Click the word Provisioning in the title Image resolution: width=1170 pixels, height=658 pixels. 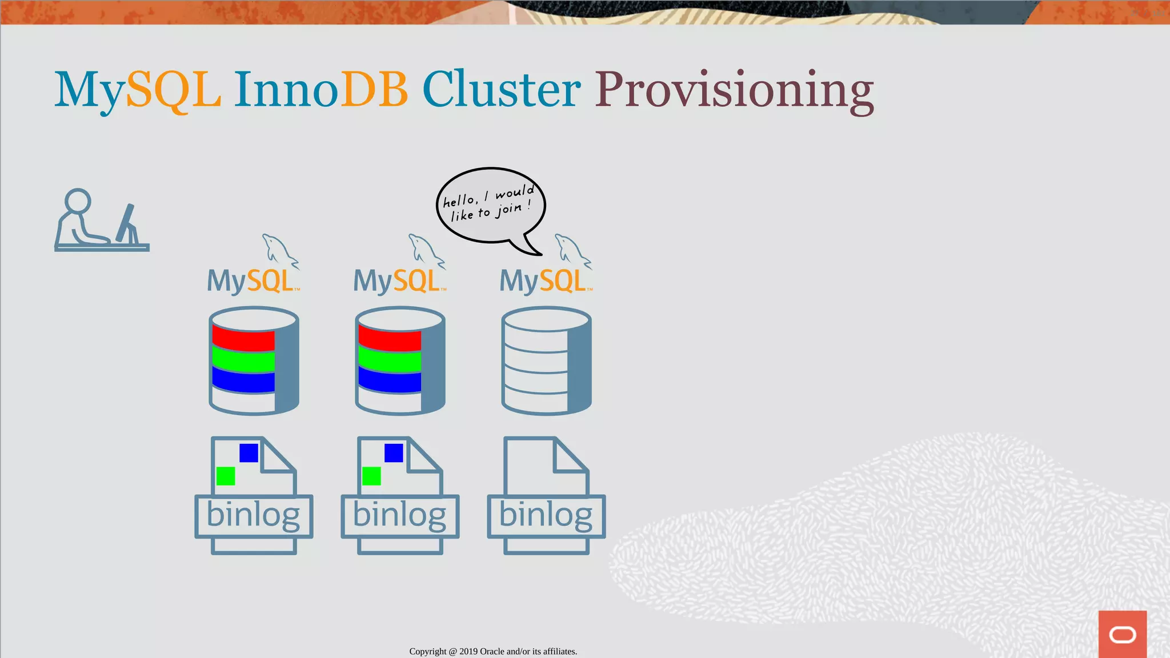tap(734, 90)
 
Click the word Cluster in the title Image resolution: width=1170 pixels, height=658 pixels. tap(501, 90)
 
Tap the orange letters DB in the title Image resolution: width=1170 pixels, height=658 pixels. tap(374, 90)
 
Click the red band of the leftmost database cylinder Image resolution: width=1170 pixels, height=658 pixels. tap(243, 339)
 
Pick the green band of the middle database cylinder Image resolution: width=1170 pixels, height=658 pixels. tap(390, 361)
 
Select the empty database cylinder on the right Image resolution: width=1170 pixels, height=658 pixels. tap(546, 360)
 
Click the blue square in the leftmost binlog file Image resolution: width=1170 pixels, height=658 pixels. tap(249, 453)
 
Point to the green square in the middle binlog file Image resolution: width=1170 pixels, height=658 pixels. tap(371, 476)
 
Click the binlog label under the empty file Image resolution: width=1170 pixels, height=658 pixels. tap(546, 515)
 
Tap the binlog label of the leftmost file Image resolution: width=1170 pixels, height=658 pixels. tap(253, 515)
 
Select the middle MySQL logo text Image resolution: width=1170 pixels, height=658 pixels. tap(398, 281)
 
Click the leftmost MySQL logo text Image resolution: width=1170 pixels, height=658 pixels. tap(251, 281)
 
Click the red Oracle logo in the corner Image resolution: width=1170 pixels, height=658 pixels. tap(1122, 634)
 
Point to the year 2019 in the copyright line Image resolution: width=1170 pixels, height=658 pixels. tap(468, 651)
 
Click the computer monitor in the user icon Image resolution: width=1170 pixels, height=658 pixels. tap(127, 223)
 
